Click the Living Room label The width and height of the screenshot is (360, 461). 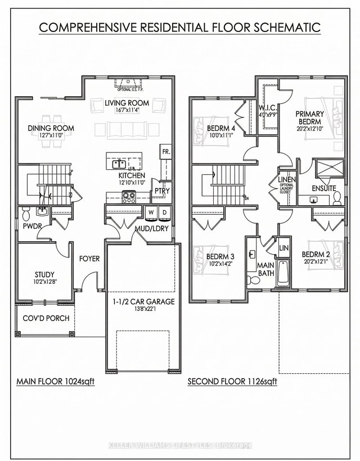tap(127, 103)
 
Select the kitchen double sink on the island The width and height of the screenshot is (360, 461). tap(119, 164)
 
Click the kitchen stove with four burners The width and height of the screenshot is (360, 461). tap(128, 197)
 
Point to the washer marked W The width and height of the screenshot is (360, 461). tap(151, 212)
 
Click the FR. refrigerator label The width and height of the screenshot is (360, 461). tap(166, 152)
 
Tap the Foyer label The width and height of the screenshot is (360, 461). tap(89, 259)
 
